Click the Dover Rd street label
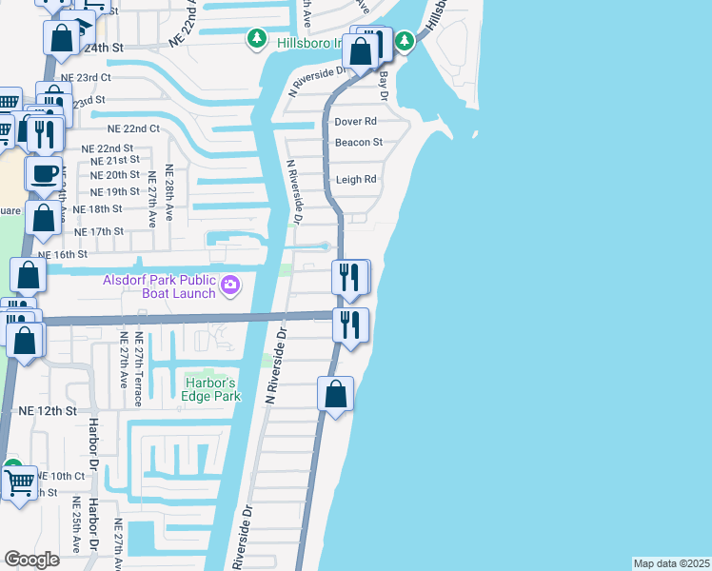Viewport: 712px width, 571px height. [356, 122]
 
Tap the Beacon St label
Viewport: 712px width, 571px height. [358, 143]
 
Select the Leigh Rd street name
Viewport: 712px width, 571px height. [356, 179]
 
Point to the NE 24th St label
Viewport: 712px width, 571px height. [103, 47]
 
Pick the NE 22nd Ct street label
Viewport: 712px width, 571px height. [133, 128]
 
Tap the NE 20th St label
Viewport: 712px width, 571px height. [115, 175]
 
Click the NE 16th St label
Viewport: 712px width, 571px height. [63, 255]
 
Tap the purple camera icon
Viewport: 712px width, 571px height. [230, 285]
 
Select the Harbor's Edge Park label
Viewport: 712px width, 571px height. [209, 388]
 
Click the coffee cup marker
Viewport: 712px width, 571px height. [44, 173]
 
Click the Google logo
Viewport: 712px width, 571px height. [31, 560]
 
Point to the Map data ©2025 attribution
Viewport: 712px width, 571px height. [671, 563]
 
